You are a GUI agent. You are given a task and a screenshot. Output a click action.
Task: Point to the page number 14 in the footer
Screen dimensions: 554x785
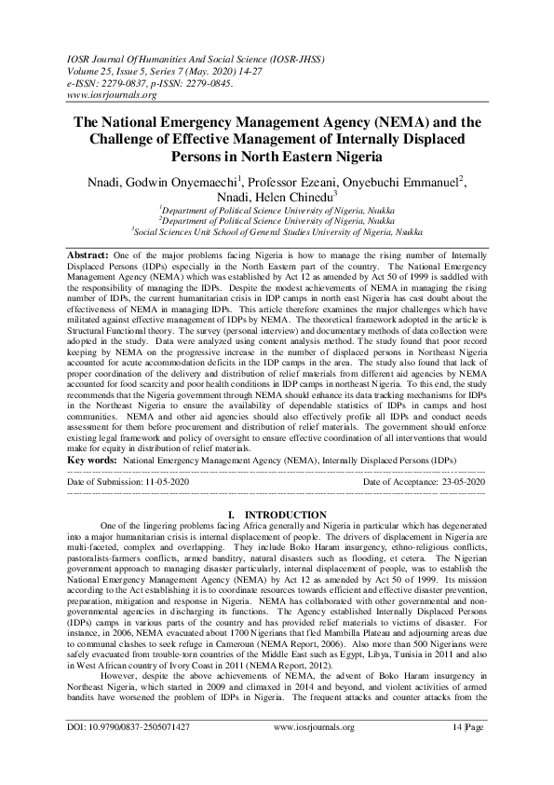[465, 753]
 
